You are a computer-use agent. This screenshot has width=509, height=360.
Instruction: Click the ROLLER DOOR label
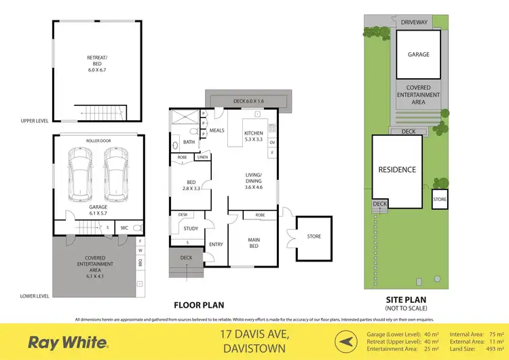coord(98,141)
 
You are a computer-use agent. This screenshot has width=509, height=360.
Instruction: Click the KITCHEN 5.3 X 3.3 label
coord(253,136)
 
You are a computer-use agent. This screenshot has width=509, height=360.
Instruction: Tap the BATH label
coord(188,142)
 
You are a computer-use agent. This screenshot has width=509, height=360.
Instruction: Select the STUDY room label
coord(191,228)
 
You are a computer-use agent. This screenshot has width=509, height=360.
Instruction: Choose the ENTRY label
coord(216,245)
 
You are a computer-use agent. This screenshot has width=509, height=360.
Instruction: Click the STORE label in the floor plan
coord(313,236)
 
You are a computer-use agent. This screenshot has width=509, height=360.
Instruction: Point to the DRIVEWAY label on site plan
coord(414,22)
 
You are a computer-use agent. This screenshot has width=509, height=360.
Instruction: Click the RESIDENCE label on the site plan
coord(397,169)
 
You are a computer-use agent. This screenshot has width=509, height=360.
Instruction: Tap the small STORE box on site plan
coord(440,199)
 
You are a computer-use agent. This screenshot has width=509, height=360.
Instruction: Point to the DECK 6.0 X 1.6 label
coord(252,101)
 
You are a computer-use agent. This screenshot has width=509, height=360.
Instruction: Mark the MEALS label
coord(216,130)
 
